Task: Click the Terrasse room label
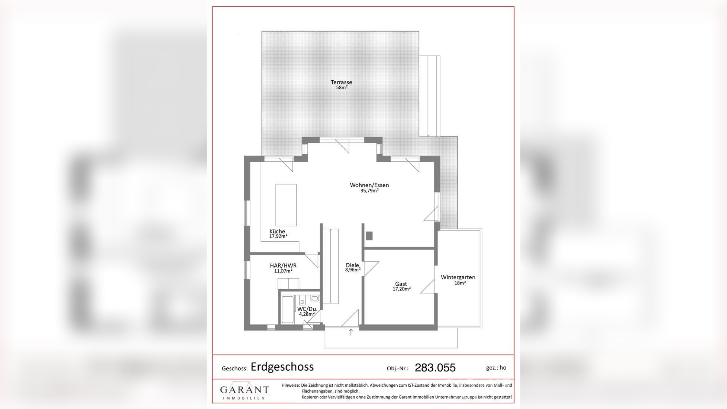[341, 82]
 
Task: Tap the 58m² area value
[342, 88]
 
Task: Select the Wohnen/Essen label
[369, 185]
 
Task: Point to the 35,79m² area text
[369, 191]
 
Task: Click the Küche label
[277, 231]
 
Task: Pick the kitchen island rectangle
[286, 205]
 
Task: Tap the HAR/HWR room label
[283, 265]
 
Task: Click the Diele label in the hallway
[352, 265]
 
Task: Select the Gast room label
[401, 284]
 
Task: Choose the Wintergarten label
[458, 277]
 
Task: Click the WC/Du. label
[307, 309]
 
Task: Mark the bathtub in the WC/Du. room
[287, 309]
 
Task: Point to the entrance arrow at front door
[350, 332]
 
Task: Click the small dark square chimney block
[369, 236]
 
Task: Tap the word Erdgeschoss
[282, 367]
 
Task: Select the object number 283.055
[435, 368]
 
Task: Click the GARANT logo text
[244, 390]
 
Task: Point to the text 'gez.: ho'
[496, 367]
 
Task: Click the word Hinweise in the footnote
[290, 385]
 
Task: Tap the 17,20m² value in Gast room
[401, 289]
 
